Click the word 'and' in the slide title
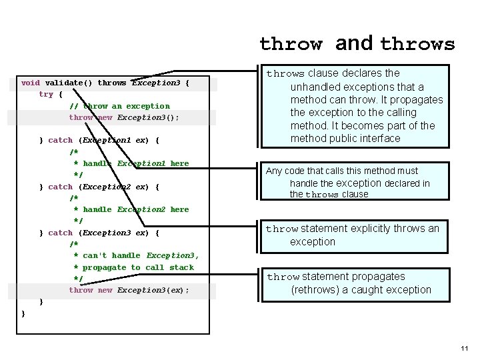click(354, 43)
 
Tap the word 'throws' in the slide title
click(417, 45)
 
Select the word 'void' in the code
click(31, 83)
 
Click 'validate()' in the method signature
click(69, 83)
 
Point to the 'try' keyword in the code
click(46, 95)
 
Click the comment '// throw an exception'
click(119, 106)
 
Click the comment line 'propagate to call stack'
click(138, 267)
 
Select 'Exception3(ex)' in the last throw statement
click(153, 291)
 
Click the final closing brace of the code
click(23, 313)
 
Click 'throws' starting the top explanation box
click(285, 74)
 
